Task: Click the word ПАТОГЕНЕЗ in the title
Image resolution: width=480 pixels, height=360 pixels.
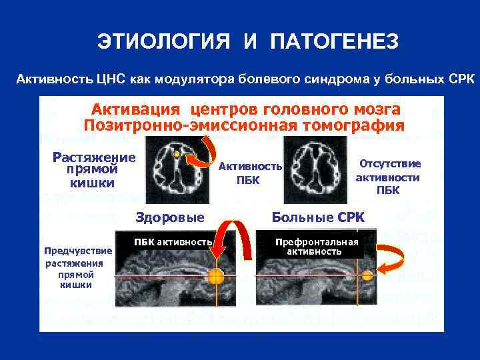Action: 334,42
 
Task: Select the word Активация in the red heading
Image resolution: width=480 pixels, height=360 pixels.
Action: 136,109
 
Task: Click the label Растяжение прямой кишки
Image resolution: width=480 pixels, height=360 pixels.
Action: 93,170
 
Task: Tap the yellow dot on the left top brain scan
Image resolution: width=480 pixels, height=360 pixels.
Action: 176,154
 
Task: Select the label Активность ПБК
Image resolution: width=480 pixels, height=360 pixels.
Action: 260,173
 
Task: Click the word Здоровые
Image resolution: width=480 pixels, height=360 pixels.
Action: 170,217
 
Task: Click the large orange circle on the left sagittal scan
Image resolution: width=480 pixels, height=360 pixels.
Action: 215,277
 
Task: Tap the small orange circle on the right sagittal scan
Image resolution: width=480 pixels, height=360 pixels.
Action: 367,275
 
